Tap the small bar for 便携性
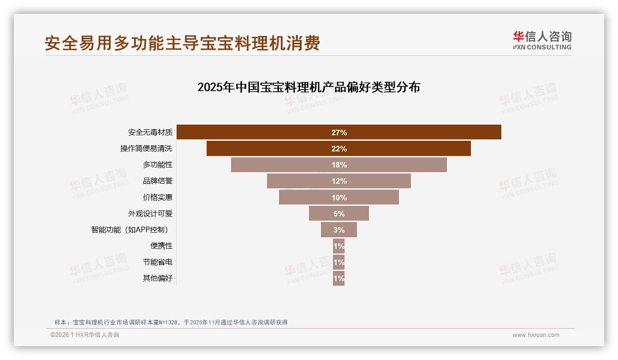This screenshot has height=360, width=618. (x=339, y=246)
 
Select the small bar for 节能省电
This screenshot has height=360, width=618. (x=339, y=262)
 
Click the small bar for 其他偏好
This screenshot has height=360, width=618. (x=339, y=278)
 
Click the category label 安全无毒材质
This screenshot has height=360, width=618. (x=150, y=132)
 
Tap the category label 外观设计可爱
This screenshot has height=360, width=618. (x=150, y=214)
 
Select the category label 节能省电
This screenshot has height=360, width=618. (x=157, y=262)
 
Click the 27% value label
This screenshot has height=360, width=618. (x=339, y=132)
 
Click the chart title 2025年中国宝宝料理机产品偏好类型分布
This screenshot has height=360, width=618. (x=309, y=87)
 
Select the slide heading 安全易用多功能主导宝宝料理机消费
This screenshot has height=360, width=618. (x=182, y=43)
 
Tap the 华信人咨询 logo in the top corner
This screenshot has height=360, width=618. (x=542, y=40)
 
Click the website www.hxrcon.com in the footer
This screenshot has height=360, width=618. (x=536, y=335)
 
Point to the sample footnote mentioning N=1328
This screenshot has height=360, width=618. (x=171, y=322)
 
